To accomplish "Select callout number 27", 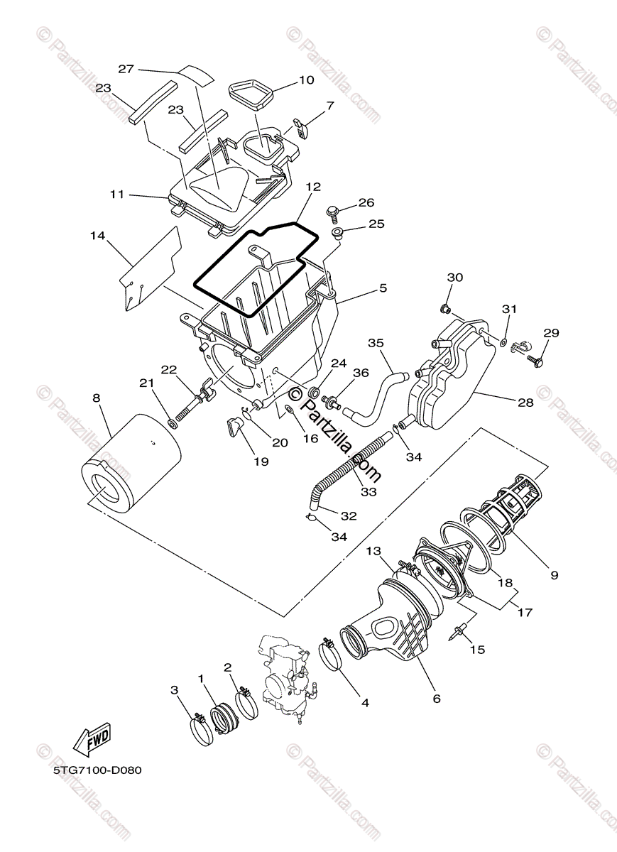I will click(126, 69).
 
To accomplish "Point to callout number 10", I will click(306, 80).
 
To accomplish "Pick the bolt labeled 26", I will click(332, 211).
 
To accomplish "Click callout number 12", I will click(313, 187).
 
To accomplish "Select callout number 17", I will click(526, 611).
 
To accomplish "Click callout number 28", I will click(525, 403).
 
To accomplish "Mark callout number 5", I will click(383, 288).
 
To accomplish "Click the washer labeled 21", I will click(172, 424).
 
